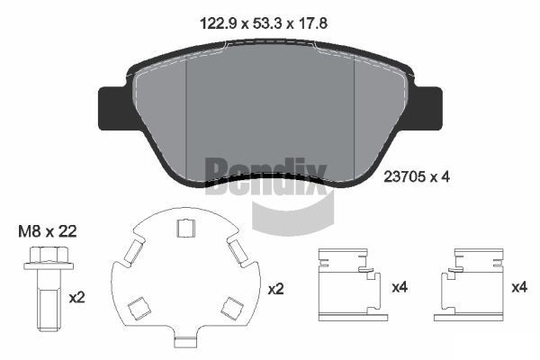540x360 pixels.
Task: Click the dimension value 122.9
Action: (x=219, y=23)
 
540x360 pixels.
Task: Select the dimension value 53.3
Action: (x=267, y=23)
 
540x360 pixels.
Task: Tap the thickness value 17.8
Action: (x=312, y=23)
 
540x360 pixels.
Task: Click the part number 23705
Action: (x=404, y=177)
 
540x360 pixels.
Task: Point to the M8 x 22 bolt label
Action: (x=48, y=231)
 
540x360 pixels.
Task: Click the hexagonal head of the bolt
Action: (x=49, y=255)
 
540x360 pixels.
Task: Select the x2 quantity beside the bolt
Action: (x=76, y=297)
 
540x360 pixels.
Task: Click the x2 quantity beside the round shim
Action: (x=276, y=289)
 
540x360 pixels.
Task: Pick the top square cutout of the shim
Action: (x=185, y=228)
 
